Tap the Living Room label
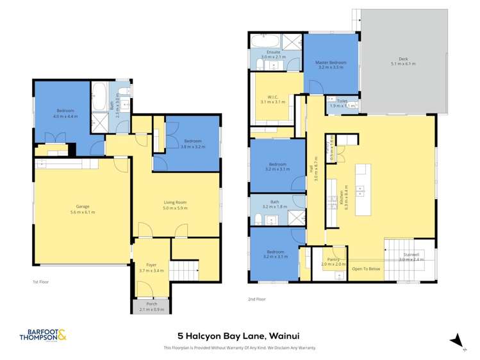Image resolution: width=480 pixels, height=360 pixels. (x=174, y=202)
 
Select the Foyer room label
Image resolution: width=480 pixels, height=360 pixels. (x=151, y=264)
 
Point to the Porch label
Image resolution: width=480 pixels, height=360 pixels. (x=152, y=304)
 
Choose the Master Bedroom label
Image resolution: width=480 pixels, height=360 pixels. (x=331, y=62)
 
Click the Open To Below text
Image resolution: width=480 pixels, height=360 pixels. (x=366, y=268)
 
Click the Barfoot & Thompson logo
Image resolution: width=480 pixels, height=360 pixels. (x=43, y=335)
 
